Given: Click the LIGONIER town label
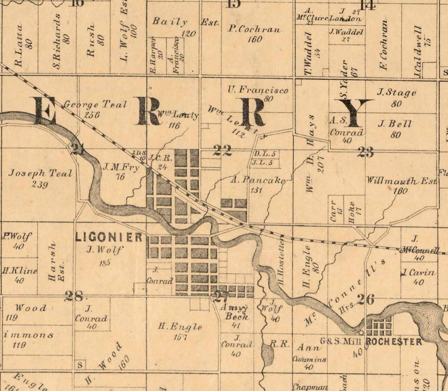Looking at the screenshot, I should pos(109,237).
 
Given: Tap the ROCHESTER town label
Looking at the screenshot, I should pos(394,341).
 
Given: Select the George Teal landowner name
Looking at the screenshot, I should pos(95,104).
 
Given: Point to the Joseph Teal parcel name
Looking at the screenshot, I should pos(40,173).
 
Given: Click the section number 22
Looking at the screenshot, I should pos(222,150).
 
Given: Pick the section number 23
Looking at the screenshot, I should pos(366,153).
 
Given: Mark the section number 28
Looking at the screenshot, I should pos(73,296).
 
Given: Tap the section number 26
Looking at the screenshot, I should pos(365,300).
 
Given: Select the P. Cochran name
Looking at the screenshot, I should pos(255,30).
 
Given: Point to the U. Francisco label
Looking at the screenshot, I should pos(258,90).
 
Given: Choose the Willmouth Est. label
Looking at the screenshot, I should pos(401,181).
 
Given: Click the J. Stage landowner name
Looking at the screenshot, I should pos(396,93).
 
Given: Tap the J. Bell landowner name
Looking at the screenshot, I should pos(395,124).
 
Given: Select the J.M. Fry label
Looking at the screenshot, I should pos(121,167).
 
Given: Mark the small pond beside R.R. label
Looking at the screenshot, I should pos(267,354).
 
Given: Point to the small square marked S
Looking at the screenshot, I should pos(80,365).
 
